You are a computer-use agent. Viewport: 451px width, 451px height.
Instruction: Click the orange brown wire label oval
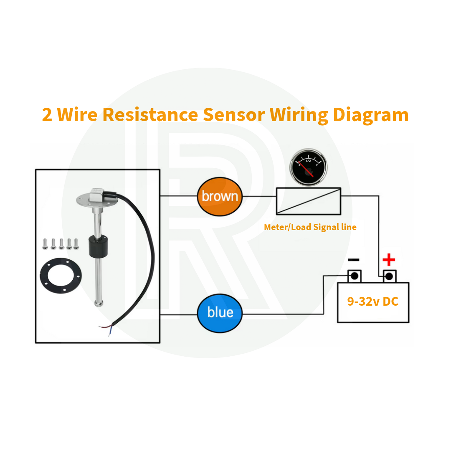[220, 196]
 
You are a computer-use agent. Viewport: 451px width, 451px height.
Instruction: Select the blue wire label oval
[220, 313]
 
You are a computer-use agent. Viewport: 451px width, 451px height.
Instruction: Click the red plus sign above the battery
[389, 260]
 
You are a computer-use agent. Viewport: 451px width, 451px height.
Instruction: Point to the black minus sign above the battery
[353, 260]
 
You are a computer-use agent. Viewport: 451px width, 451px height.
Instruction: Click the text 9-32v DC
[373, 301]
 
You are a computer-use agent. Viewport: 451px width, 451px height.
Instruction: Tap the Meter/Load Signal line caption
[310, 227]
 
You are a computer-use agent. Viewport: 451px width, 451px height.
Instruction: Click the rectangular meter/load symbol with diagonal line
[309, 201]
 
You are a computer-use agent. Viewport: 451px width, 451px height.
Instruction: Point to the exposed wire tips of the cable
[105, 327]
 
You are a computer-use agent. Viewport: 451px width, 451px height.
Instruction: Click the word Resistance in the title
[150, 114]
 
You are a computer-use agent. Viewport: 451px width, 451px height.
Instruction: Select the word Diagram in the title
[370, 114]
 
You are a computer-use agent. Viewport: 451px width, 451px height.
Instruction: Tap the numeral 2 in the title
[47, 115]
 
